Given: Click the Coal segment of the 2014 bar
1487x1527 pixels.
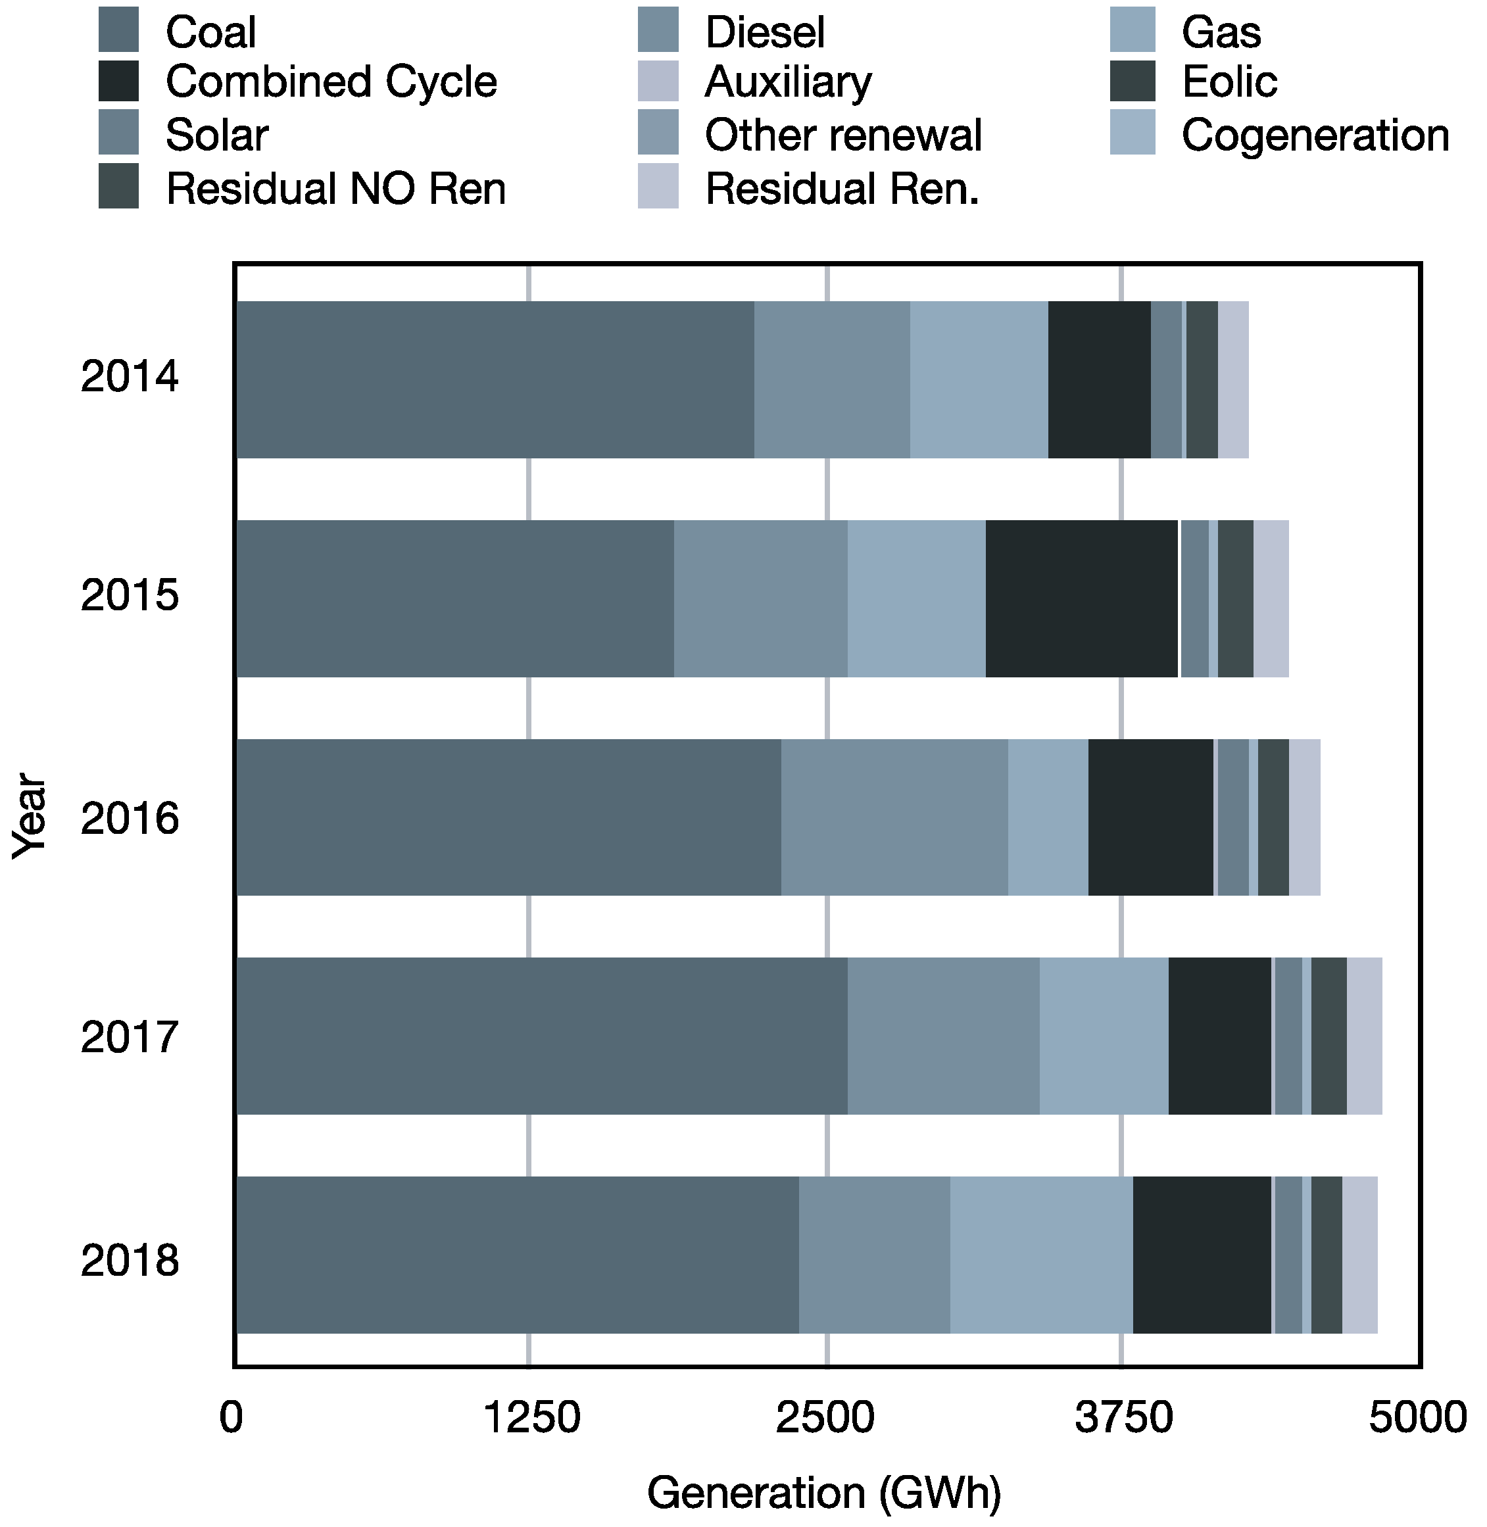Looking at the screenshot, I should coord(495,379).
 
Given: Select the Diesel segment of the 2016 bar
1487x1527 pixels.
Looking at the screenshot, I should coord(894,817).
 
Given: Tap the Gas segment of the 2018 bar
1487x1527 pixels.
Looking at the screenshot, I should coord(1041,1254).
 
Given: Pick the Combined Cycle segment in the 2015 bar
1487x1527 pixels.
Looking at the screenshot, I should coord(1081,598).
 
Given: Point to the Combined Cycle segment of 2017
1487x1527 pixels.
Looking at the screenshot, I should coord(1219,1036).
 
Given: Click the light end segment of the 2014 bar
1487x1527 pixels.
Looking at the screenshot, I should coord(1233,379).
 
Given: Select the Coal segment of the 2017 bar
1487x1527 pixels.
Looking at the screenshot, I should coord(541,1036).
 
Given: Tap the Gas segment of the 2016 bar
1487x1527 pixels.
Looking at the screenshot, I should coord(1047,817).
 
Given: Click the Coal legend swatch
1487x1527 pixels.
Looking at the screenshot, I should coord(118,30).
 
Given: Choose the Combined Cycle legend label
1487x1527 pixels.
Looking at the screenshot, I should coord(331,82).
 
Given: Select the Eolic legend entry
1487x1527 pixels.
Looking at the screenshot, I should coord(1229,82).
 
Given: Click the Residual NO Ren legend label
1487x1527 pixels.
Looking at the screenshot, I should coord(336,189).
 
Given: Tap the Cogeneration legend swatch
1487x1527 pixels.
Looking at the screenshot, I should coord(1133,133).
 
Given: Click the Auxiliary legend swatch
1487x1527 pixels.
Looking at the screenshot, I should coord(658,82).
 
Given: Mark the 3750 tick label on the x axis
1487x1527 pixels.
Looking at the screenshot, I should coord(1123,1418).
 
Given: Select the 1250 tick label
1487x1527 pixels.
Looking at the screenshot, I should coord(532,1418).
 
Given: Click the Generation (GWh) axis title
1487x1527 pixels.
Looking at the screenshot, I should coord(824,1493).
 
